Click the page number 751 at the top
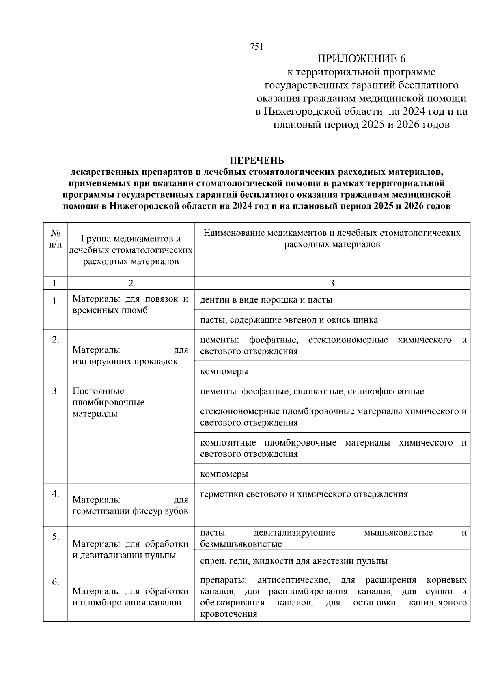click(x=257, y=47)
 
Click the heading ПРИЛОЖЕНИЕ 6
click(x=361, y=59)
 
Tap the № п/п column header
click(x=56, y=239)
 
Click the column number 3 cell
click(x=332, y=283)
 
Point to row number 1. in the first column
click(x=56, y=301)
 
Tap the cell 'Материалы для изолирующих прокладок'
click(x=130, y=355)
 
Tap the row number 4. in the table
click(x=56, y=494)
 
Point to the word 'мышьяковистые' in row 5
click(x=398, y=532)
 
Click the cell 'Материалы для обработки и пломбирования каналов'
click(x=130, y=596)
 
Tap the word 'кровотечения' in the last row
click(x=228, y=614)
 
